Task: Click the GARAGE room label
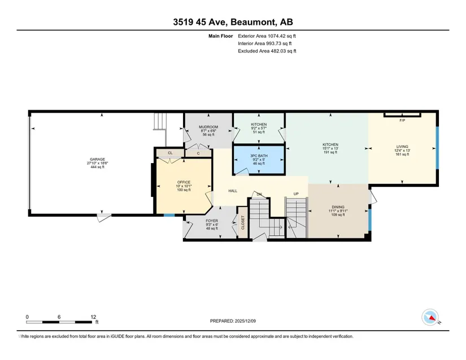pos(98,159)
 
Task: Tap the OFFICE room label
pos(184,182)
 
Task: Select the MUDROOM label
pos(208,127)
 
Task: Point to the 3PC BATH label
pos(259,156)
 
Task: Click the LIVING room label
pos(402,147)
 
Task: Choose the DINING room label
pos(338,207)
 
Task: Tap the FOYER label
pos(212,221)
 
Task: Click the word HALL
pos(233,191)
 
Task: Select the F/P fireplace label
pos(402,121)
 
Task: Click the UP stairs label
pos(296,194)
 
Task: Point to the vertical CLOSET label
pos(243,222)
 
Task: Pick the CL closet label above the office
pos(170,153)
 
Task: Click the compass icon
pos(430,317)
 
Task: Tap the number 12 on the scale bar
pos(93,317)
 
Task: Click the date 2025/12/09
pos(245,321)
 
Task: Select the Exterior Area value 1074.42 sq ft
pos(282,36)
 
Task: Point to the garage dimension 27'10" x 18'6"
pos(98,163)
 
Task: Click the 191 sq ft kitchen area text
pos(330,152)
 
